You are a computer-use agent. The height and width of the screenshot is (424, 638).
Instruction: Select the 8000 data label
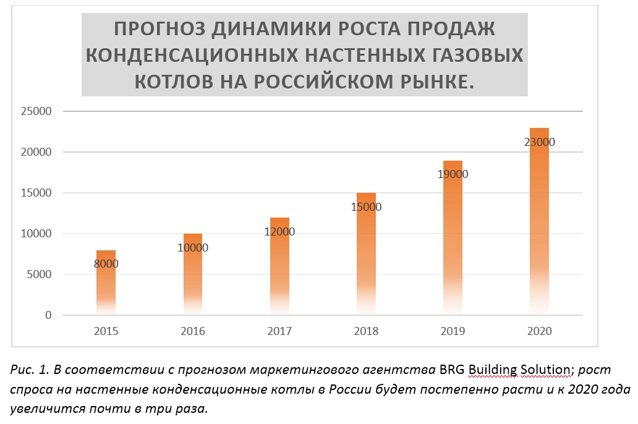click(x=106, y=264)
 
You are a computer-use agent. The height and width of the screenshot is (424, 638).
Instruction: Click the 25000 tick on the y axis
click(x=35, y=111)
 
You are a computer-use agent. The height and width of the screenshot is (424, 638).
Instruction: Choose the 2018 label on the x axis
click(x=366, y=331)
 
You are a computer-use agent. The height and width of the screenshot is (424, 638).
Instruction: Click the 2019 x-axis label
click(x=453, y=331)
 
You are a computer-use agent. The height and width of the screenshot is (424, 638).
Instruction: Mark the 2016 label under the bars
click(x=193, y=331)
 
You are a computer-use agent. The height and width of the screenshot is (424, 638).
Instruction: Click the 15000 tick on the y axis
click(x=35, y=193)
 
